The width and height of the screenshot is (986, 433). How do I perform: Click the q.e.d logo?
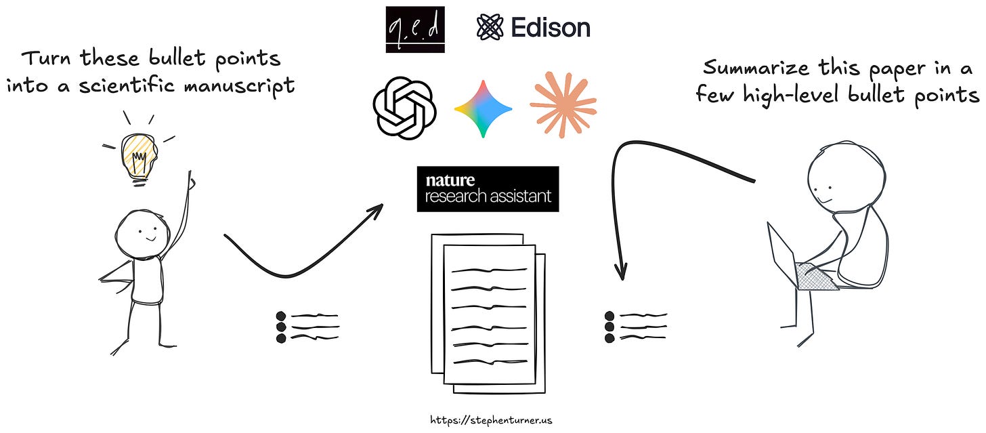point(415,30)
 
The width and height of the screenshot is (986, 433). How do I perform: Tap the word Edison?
point(551,27)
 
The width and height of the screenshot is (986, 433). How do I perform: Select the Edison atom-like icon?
point(490,27)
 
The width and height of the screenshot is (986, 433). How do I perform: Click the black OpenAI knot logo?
point(403,107)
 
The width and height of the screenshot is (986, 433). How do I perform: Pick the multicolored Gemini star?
point(483,108)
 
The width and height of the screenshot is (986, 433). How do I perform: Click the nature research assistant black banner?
point(488,189)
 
